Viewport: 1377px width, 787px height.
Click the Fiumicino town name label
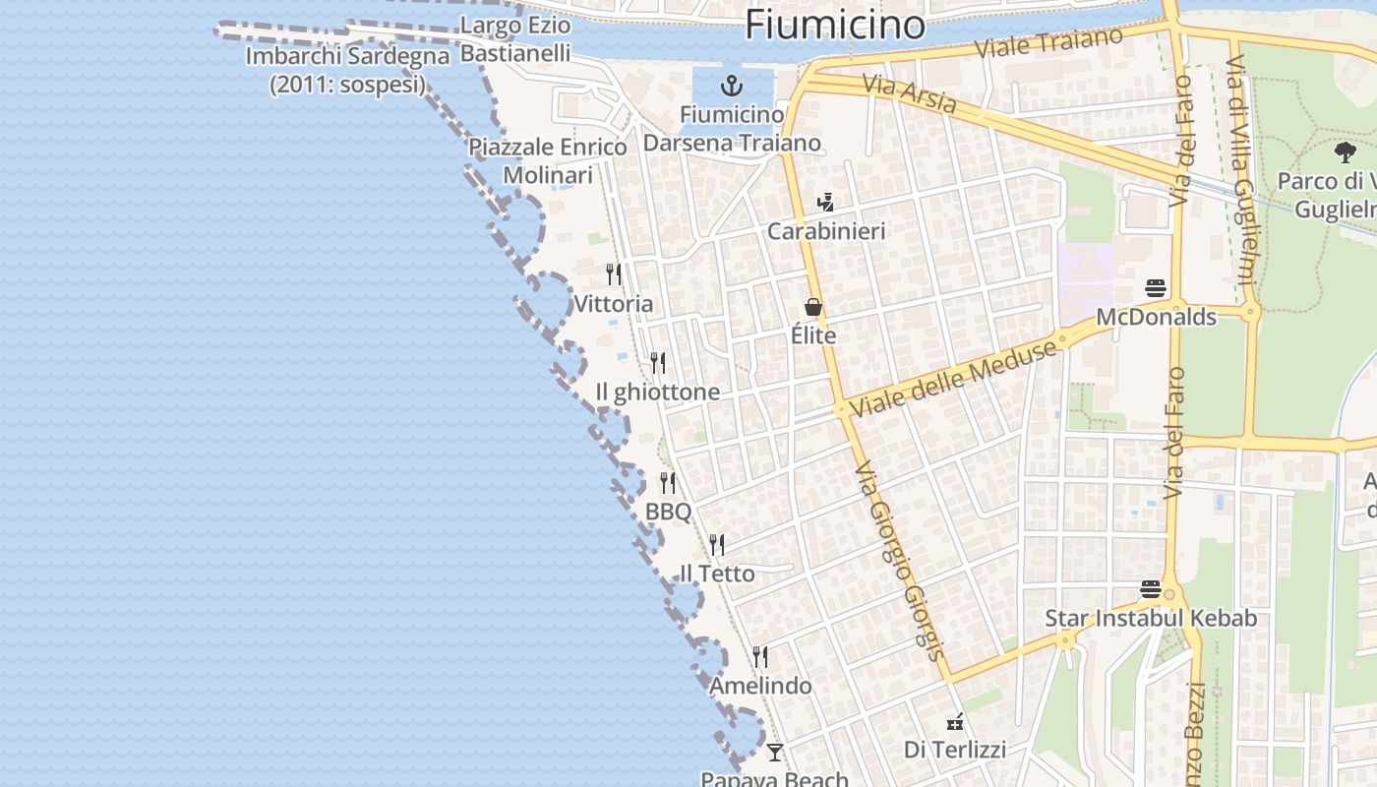(x=835, y=25)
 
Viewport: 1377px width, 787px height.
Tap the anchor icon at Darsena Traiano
(x=731, y=85)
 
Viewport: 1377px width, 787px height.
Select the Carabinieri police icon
(x=825, y=203)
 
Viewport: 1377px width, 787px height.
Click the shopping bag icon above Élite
(x=813, y=307)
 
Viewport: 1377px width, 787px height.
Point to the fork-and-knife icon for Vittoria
(x=614, y=273)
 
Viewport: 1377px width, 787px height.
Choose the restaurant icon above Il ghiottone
(x=658, y=363)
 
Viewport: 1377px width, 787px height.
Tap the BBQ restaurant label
(x=669, y=512)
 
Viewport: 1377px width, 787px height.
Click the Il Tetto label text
(x=718, y=574)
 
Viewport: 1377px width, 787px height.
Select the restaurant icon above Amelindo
(x=760, y=656)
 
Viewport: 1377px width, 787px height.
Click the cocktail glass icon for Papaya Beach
(x=775, y=753)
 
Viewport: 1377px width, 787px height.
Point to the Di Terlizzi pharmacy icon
(x=954, y=723)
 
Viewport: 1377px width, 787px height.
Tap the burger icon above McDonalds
(x=1156, y=288)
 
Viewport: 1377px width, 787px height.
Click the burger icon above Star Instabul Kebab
(x=1151, y=589)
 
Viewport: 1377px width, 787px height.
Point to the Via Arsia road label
(x=910, y=94)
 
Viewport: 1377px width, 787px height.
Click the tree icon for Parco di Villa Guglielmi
(x=1346, y=152)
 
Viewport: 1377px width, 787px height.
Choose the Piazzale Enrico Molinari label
(x=548, y=161)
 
